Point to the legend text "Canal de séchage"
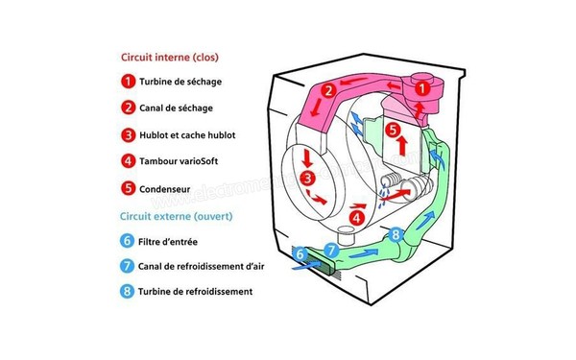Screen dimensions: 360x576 coord(176,108)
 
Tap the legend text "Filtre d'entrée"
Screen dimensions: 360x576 coord(171,240)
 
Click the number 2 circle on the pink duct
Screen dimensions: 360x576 coord(328,91)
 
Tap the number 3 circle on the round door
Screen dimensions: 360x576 coord(306,179)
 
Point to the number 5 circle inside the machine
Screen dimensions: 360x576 coord(392,129)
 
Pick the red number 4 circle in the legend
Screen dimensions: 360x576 coord(128,161)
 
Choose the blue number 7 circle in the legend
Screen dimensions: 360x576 coord(128,266)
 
